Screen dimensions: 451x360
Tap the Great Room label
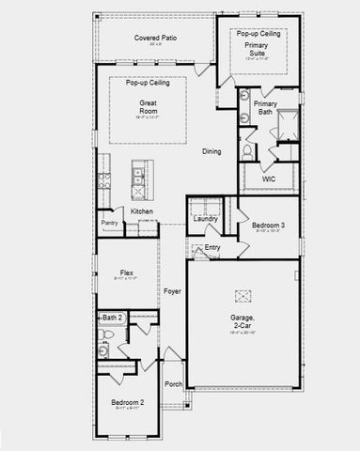tap(148, 103)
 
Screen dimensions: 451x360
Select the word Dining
tap(211, 151)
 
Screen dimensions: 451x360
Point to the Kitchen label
tap(142, 211)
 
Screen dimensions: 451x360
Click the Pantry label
tap(109, 223)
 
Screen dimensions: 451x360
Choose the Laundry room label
tap(204, 219)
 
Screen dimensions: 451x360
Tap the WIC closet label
tap(269, 178)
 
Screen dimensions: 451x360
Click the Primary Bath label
tap(265, 107)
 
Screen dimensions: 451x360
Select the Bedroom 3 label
tap(268, 225)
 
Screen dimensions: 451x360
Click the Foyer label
tap(172, 291)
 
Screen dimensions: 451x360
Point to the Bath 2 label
tap(113, 319)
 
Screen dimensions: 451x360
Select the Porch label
tap(173, 384)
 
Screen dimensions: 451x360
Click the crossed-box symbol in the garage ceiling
tap(243, 297)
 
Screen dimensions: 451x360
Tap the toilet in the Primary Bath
tap(246, 150)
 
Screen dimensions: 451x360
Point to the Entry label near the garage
tap(212, 248)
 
